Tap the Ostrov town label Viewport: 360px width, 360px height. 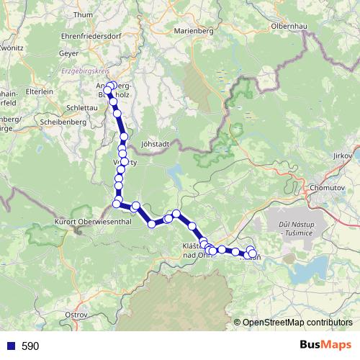[76, 315]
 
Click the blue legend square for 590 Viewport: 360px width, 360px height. [9, 346]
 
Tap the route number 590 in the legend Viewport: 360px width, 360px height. [30, 346]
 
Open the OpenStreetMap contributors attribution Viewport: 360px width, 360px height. [297, 323]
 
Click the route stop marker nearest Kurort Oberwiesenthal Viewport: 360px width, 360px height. [117, 204]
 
